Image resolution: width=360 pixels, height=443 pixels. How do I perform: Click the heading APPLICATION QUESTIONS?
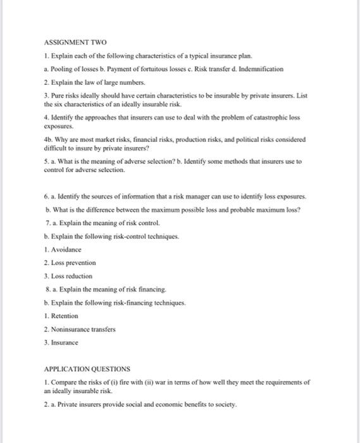(87, 368)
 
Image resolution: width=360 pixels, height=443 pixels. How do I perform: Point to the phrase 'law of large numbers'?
(110, 82)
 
